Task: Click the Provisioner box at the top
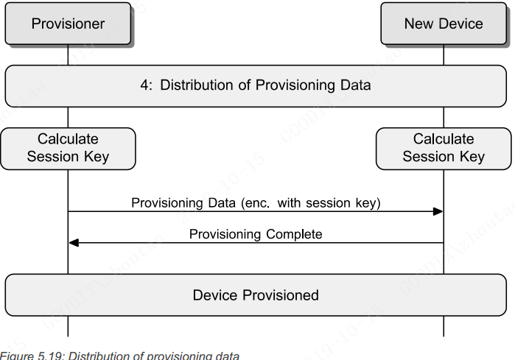coord(68,24)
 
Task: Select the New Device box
coord(444,24)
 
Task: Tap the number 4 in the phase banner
coord(144,85)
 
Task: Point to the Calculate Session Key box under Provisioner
coord(68,148)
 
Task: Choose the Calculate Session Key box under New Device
coord(444,148)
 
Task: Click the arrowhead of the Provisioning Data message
coord(438,212)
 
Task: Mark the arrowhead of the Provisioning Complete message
coord(74,243)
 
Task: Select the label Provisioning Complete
coord(256,234)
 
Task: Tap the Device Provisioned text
coord(256,295)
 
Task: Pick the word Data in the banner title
coord(354,85)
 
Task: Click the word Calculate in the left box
coord(68,139)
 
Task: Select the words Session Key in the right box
coord(444,156)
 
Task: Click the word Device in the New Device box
coord(461,24)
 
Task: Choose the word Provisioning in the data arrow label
coord(167,202)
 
